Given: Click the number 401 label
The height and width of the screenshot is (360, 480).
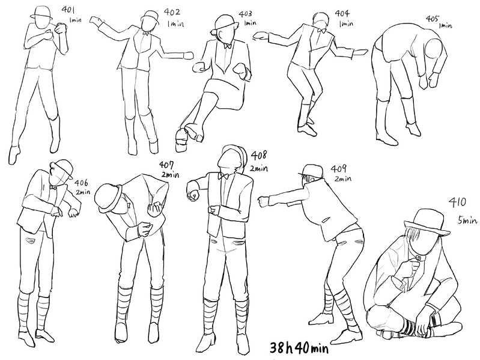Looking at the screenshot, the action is [x=68, y=10].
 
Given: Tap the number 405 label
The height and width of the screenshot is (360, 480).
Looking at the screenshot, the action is [x=433, y=19].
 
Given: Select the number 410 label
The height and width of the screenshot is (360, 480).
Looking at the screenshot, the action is [x=457, y=202].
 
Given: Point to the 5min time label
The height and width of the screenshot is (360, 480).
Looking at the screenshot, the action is [x=467, y=220].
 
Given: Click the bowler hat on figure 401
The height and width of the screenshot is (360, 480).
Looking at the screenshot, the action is [x=41, y=12].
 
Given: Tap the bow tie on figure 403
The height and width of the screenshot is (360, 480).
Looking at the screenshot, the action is [x=227, y=46].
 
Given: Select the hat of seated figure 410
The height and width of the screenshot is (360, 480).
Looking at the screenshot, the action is [x=427, y=222].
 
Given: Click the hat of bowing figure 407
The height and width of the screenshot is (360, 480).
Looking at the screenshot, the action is [x=109, y=198].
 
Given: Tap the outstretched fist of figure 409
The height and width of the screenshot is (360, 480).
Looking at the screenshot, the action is [x=263, y=202].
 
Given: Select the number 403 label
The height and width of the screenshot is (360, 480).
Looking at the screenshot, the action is [x=246, y=14].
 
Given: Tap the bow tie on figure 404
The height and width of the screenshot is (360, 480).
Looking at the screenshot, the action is [x=322, y=30].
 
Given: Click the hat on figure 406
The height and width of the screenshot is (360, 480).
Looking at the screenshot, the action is [x=62, y=168].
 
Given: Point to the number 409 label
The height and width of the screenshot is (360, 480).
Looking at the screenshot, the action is [x=339, y=169].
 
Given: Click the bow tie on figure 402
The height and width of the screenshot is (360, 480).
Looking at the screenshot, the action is [x=146, y=33].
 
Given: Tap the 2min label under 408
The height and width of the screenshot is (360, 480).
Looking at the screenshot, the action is [x=259, y=168].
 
